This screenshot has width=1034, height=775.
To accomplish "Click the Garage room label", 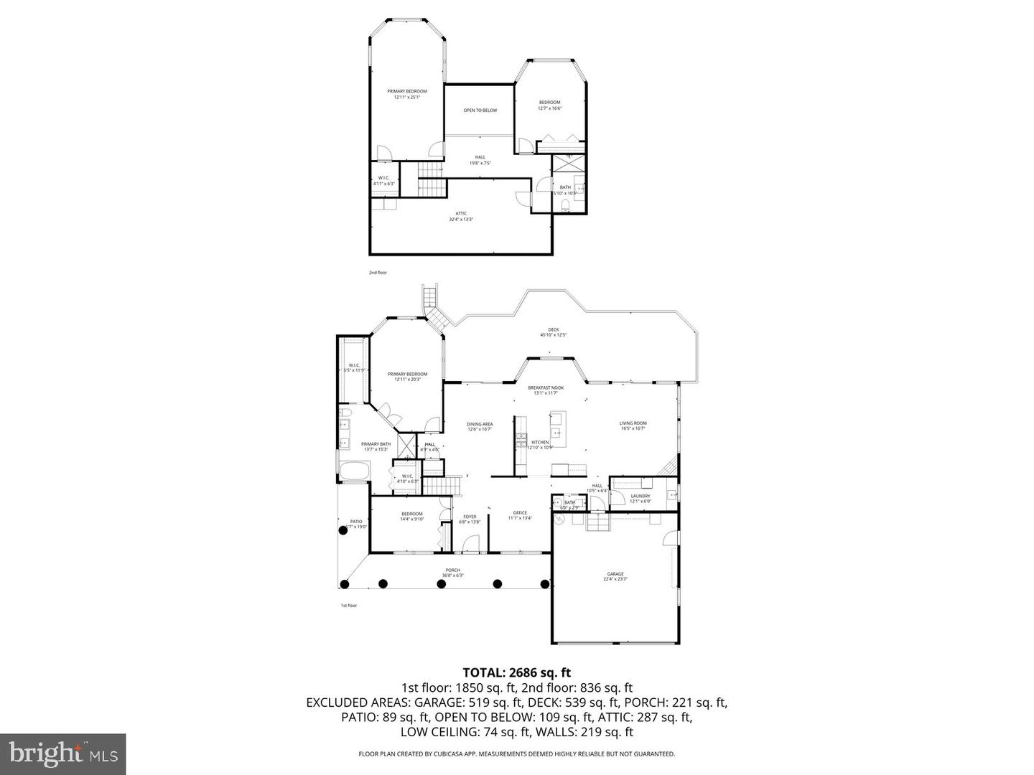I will (615, 574).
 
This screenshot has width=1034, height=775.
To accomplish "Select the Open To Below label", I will (480, 111).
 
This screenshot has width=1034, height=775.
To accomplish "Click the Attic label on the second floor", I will (461, 213).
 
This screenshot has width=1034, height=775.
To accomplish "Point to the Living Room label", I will (633, 423).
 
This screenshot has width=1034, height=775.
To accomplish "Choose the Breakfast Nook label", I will (546, 387).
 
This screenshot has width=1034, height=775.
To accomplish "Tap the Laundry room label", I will (640, 496).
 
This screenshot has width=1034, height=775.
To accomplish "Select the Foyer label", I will (470, 517).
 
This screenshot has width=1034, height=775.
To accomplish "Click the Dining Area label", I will (480, 424).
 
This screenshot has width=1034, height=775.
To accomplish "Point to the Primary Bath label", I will (376, 444).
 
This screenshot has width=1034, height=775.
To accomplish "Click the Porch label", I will (452, 570).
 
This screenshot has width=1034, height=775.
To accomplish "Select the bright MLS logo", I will (63, 753).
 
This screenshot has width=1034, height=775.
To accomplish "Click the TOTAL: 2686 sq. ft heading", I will (516, 672).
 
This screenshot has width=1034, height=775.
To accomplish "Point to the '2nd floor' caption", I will (378, 273).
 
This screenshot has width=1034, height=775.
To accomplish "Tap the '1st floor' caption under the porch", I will (348, 606).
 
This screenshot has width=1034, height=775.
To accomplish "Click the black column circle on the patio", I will (343, 530).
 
